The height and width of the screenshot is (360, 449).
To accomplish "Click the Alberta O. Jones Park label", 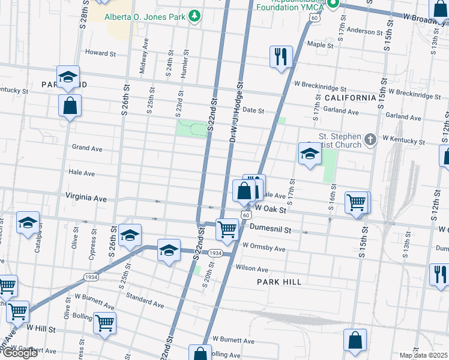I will pyautogui.click(x=145, y=16).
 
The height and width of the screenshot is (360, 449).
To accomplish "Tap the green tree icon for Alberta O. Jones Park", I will pyautogui.click(x=194, y=16).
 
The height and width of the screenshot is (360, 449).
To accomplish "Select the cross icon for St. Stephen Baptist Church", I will pyautogui.click(x=370, y=140).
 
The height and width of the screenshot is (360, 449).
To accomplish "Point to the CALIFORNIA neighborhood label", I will pyautogui.click(x=350, y=97).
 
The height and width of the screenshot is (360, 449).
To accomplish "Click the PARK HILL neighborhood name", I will pyautogui.click(x=277, y=281).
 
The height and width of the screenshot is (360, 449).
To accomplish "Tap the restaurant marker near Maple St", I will pyautogui.click(x=280, y=58).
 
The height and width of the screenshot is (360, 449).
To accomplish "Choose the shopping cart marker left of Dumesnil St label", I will pyautogui.click(x=227, y=229).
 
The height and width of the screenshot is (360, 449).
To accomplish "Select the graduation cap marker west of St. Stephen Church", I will pyautogui.click(x=310, y=154).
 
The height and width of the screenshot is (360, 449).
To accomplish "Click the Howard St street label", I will pyautogui.click(x=100, y=53).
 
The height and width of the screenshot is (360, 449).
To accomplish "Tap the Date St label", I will pyautogui.click(x=253, y=110).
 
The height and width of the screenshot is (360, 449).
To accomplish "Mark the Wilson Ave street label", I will pyautogui.click(x=252, y=269).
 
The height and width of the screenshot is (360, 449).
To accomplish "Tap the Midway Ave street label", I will pyautogui.click(x=143, y=56).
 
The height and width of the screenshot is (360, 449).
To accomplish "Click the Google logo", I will pyautogui.click(x=19, y=353).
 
